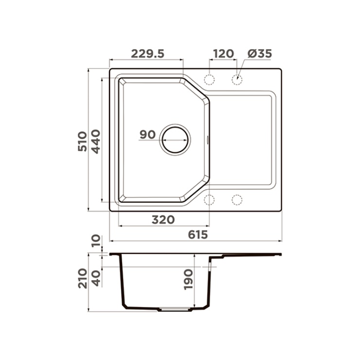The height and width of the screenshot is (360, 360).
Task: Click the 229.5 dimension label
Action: click(x=147, y=54)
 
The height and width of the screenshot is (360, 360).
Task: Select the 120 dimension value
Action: click(x=223, y=54)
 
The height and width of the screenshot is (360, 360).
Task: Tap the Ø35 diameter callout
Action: click(x=260, y=54)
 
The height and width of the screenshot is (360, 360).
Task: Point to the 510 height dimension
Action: click(x=82, y=141)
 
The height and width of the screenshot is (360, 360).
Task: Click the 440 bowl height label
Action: click(x=96, y=142)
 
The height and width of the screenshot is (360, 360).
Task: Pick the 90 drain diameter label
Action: click(x=147, y=135)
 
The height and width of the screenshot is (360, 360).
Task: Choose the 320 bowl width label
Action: click(x=163, y=220)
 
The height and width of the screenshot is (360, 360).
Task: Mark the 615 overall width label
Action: click(x=198, y=234)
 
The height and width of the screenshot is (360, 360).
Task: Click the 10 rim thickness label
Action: click(x=96, y=241)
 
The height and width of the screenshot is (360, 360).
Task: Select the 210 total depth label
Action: click(x=83, y=278)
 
